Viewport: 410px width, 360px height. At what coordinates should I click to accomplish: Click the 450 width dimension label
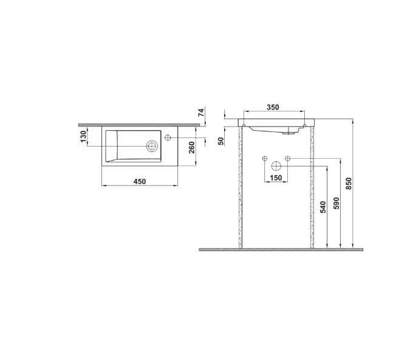click(140, 181)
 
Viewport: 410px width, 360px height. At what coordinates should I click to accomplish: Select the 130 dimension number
click(83, 137)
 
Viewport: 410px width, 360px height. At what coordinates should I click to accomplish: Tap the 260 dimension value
click(191, 147)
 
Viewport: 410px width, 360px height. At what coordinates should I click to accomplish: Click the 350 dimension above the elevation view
click(273, 107)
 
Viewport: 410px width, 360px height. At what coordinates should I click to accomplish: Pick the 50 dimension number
click(222, 140)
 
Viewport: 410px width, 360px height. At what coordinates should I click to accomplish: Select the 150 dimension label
click(276, 178)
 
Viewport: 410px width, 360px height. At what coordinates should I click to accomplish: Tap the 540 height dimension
click(323, 207)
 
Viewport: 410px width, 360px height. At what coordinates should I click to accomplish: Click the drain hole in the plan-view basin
click(152, 145)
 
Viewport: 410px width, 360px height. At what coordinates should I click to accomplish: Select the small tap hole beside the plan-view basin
click(168, 139)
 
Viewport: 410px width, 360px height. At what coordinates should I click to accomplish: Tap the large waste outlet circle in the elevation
click(276, 165)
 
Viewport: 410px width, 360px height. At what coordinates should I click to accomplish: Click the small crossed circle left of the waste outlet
click(264, 159)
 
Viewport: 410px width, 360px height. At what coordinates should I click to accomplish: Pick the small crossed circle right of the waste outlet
click(288, 159)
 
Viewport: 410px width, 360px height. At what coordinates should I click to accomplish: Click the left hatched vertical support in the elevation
click(241, 189)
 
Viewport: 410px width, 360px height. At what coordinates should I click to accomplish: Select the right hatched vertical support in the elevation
click(312, 189)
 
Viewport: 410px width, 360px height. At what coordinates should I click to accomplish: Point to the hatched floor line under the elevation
click(281, 249)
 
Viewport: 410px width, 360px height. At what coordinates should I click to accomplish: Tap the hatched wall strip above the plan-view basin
click(140, 124)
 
